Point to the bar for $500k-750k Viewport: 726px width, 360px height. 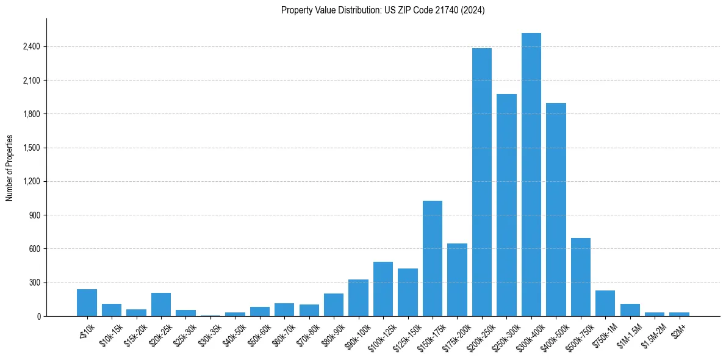click(x=581, y=277)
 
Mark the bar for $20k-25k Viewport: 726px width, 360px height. click(x=161, y=304)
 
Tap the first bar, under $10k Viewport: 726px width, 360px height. click(x=87, y=303)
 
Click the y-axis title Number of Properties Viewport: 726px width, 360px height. click(x=10, y=168)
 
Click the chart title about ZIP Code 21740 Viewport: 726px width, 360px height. click(x=383, y=10)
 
